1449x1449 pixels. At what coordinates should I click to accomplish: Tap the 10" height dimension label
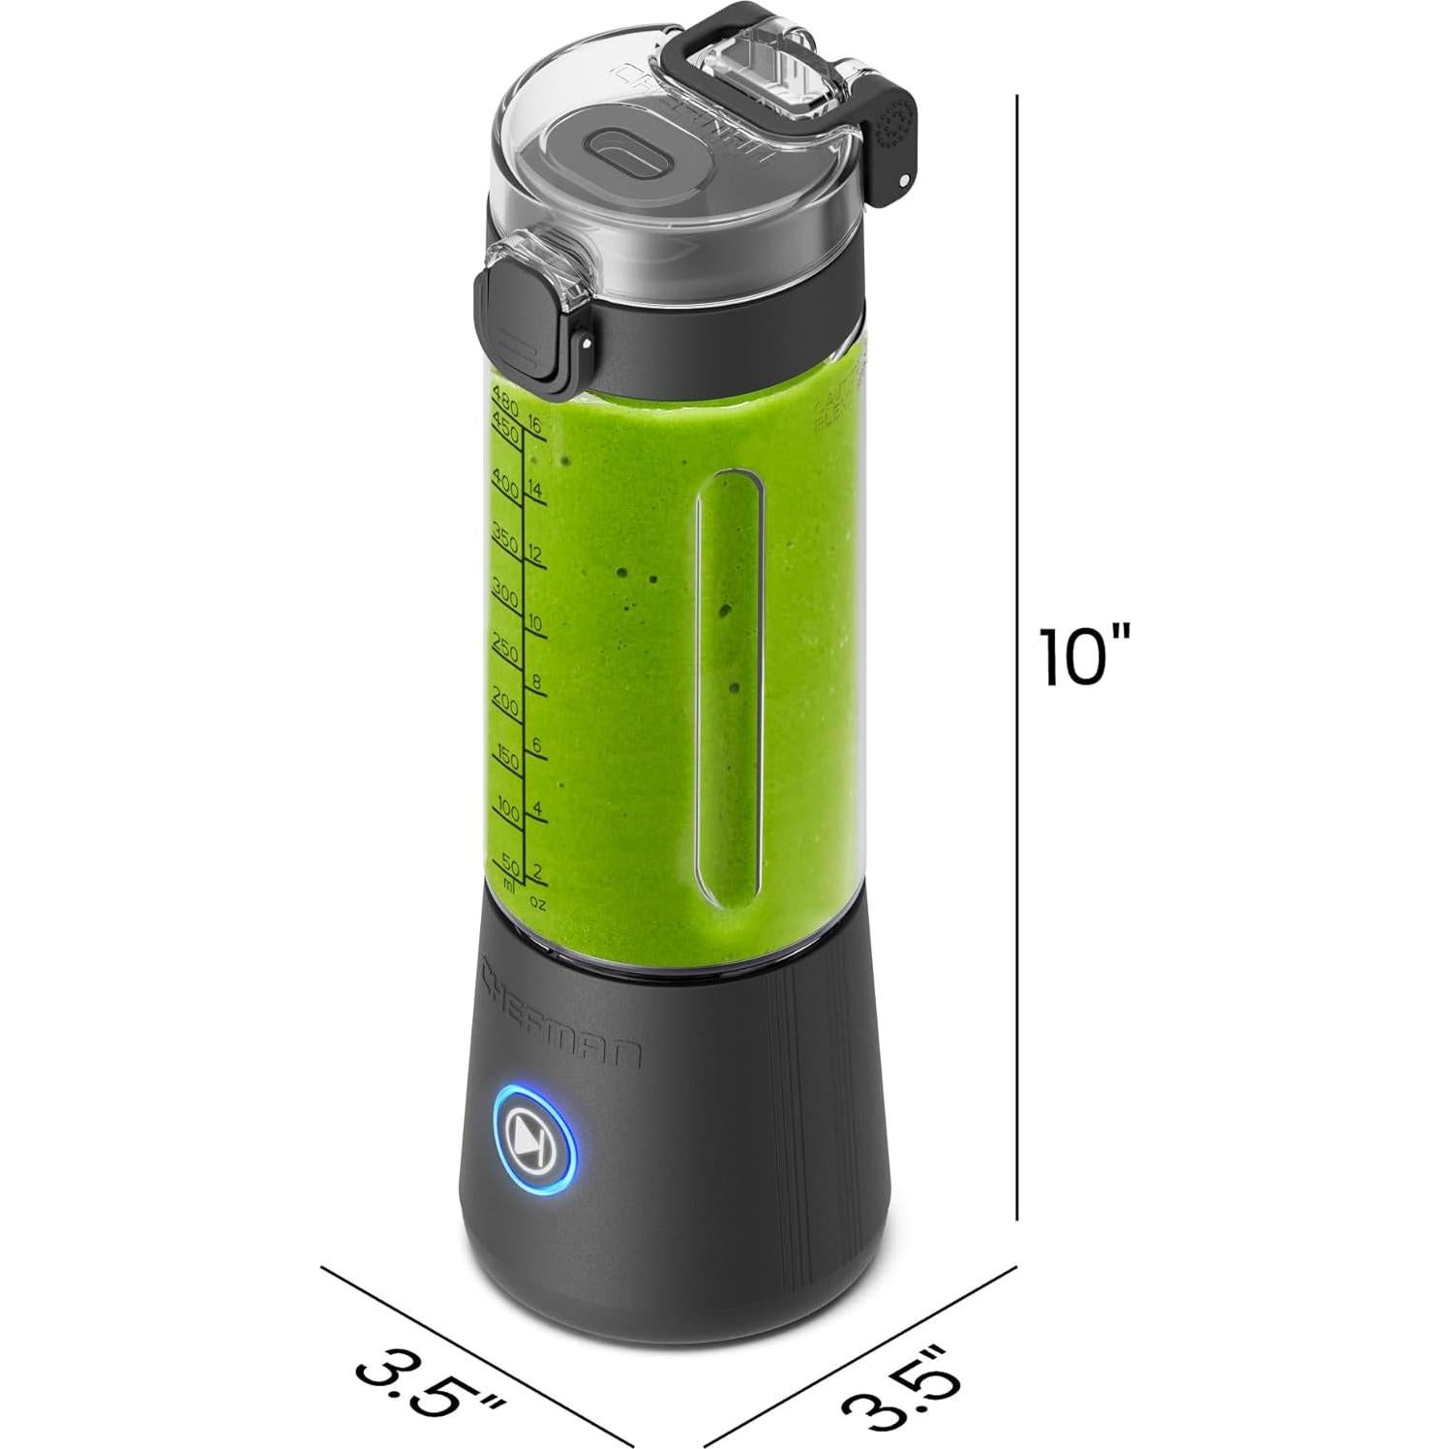click(1083, 657)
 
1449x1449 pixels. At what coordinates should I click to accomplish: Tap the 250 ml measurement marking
click(505, 644)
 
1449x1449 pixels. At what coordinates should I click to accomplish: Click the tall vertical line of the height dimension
click(1017, 387)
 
